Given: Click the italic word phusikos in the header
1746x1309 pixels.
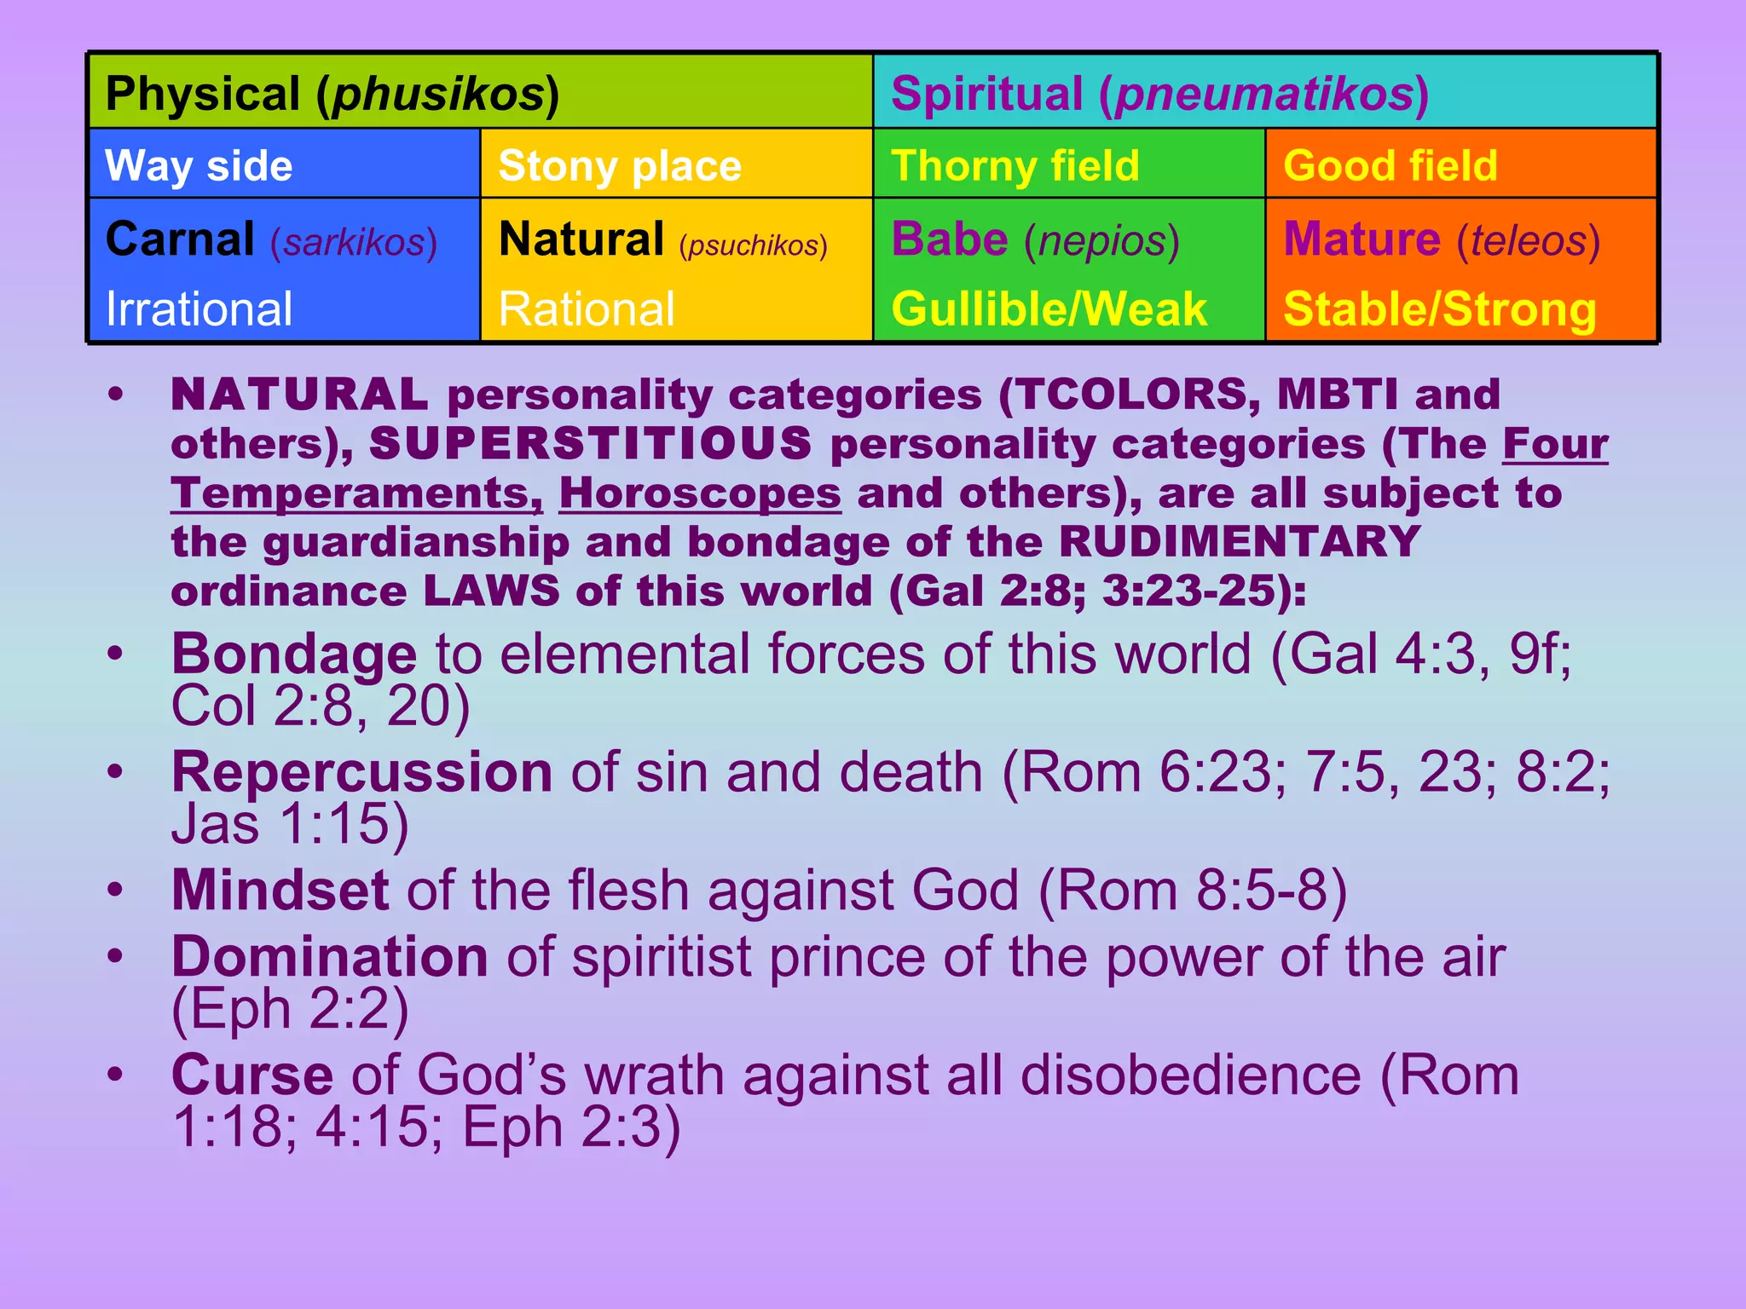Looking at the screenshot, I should tap(438, 95).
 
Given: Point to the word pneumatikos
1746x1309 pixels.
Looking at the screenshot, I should tap(1263, 95).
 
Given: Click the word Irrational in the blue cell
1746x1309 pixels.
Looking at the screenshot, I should tap(199, 309).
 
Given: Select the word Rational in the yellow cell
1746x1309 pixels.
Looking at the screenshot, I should tap(587, 309).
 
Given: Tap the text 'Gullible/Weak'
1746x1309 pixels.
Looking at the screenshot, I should tap(1049, 309).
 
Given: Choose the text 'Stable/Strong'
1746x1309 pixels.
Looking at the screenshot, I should tap(1439, 309).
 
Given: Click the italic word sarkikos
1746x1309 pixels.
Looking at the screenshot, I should tap(354, 243).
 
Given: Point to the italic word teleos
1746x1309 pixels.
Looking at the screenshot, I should tap(1528, 241).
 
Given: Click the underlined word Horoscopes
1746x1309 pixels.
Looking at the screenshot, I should tap(700, 493).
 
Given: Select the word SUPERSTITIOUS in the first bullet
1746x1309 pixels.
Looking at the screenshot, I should tap(590, 444).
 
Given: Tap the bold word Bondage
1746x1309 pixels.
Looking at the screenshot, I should tap(294, 654).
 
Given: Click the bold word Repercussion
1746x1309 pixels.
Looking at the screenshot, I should tap(362, 772).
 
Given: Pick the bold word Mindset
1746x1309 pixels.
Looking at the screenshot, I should tap(280, 891).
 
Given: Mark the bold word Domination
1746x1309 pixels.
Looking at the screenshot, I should tap(330, 957).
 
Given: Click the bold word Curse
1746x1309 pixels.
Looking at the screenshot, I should tap(252, 1075).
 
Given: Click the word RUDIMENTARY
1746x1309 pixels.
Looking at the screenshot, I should tap(1240, 543).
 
